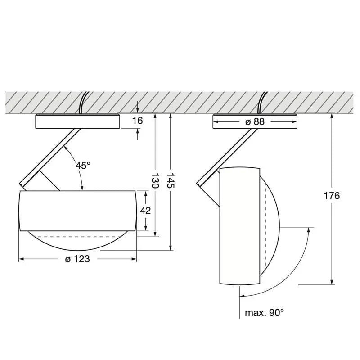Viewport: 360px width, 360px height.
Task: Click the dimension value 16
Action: pyautogui.click(x=138, y=121)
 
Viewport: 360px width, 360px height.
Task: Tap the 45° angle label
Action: pyautogui.click(x=83, y=165)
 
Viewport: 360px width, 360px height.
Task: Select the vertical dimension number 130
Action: pyautogui.click(x=155, y=180)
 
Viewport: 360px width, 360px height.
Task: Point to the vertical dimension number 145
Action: pyautogui.click(x=171, y=180)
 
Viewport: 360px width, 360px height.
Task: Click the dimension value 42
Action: pyautogui.click(x=145, y=211)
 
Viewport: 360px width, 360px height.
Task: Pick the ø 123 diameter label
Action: pyautogui.click(x=77, y=259)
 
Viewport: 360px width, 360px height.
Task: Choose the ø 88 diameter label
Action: pyautogui.click(x=255, y=121)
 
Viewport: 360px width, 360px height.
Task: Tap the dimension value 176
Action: pyautogui.click(x=332, y=196)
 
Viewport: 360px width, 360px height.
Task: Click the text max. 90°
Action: pyautogui.click(x=265, y=312)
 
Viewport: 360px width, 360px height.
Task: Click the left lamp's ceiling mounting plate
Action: pyautogui.click(x=77, y=121)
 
